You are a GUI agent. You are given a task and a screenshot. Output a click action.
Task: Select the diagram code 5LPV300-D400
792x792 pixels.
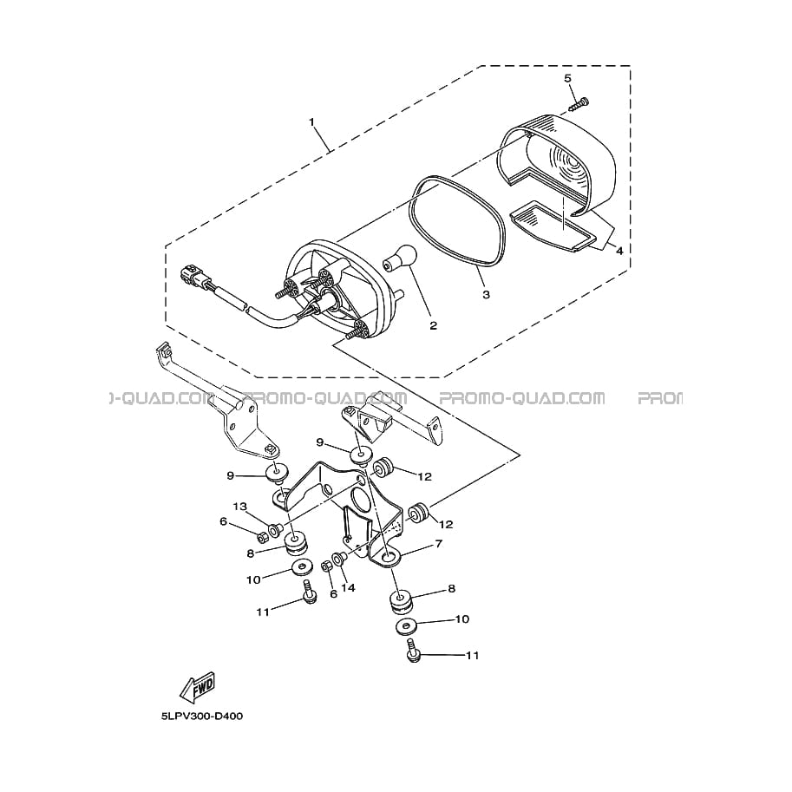pos(202,717)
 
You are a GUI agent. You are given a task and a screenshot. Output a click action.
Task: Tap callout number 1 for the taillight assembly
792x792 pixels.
pos(311,122)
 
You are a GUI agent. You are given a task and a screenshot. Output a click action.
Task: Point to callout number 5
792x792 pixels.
pos(567,78)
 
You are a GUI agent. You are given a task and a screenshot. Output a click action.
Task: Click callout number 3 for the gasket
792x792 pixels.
pos(486,294)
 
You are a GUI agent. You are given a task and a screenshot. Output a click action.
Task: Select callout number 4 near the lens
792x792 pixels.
pos(619,251)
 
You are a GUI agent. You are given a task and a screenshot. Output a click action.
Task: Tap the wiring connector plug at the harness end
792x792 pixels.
pos(191,276)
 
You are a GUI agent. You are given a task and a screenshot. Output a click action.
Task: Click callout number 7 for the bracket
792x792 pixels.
pos(438,544)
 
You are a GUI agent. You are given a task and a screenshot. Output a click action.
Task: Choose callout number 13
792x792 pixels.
pos(239,507)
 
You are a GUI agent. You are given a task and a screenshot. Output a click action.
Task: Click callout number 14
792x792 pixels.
pos(348,587)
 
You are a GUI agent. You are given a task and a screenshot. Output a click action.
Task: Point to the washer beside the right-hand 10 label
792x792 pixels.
pos(404,627)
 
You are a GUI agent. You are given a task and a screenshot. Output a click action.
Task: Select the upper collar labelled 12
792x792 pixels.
pos(383,468)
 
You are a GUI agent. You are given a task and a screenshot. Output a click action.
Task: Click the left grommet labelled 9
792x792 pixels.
pos(278,472)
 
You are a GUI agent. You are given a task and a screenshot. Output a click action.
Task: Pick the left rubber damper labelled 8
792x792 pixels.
pos(294,543)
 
